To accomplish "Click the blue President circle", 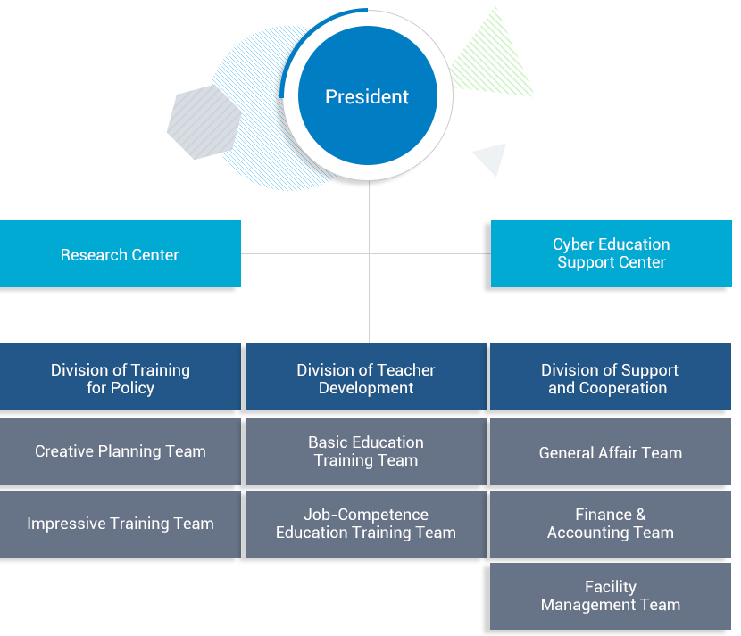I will tap(367, 97).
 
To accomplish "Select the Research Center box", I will tap(120, 254).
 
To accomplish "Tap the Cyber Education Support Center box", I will tap(611, 253).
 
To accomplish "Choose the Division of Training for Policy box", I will tap(120, 378).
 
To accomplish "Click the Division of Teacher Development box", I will tap(366, 378).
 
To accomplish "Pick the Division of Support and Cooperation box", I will tap(610, 378).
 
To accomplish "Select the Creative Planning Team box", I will tap(120, 451).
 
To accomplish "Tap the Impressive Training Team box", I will tap(120, 524).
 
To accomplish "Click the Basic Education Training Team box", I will tap(366, 451).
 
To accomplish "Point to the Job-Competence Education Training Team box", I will tap(366, 524).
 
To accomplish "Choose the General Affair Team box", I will tap(610, 452).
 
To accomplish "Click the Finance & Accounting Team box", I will tap(610, 524).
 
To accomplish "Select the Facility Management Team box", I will tap(610, 596).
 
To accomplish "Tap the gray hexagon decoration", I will tap(204, 121).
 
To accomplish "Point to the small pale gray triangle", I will tap(492, 158).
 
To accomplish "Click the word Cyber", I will tap(573, 244).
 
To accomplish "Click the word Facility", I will tap(611, 587).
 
